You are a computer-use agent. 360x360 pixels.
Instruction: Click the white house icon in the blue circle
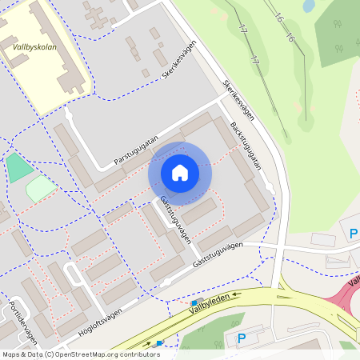180,173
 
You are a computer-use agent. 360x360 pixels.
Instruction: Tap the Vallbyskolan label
33,46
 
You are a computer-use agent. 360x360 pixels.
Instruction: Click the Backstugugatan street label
246,145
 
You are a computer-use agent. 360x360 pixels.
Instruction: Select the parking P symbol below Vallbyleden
242,338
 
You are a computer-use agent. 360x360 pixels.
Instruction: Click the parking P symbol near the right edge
354,234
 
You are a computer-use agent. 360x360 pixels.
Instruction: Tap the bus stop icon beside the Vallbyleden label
194,302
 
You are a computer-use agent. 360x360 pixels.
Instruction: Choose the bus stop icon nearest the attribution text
159,342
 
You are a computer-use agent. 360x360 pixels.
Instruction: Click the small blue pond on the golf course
308,6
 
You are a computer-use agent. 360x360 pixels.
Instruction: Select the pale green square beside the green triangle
40,189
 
